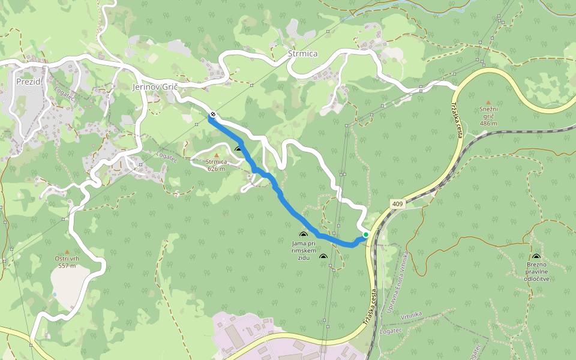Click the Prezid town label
pyautogui.click(x=28, y=81)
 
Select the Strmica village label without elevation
pyautogui.click(x=302, y=54)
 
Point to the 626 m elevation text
pyautogui.click(x=216, y=169)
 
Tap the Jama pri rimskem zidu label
pyautogui.click(x=303, y=247)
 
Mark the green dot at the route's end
pyautogui.click(x=365, y=235)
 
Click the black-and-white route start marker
pyautogui.click(x=212, y=115)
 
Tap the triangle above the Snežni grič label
pyautogui.click(x=488, y=102)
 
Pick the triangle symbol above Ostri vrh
pyautogui.click(x=67, y=252)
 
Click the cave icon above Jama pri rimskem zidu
pyautogui.click(x=303, y=235)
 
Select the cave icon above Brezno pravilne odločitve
pyautogui.click(x=536, y=257)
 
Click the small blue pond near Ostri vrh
pyautogui.click(x=55, y=295)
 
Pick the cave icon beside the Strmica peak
pyautogui.click(x=238, y=149)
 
